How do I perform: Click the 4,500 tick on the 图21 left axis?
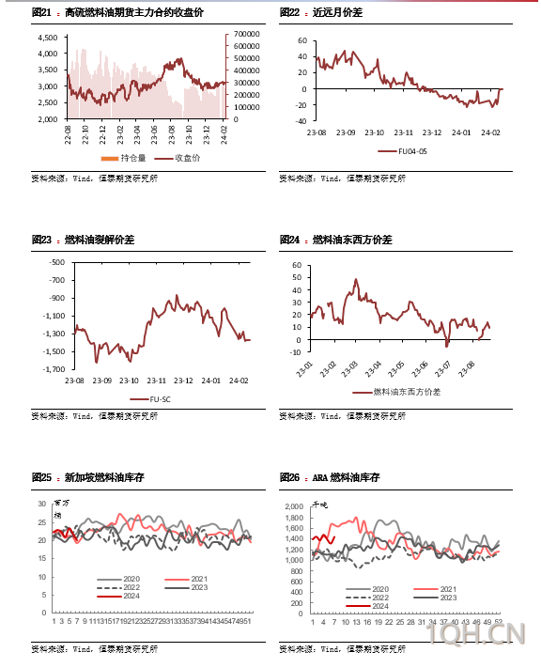click(x=46, y=38)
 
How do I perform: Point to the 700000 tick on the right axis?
click(x=247, y=34)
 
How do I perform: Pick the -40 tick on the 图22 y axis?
click(x=301, y=121)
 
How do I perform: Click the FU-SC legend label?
click(x=161, y=399)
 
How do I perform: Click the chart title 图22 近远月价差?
click(x=321, y=13)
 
